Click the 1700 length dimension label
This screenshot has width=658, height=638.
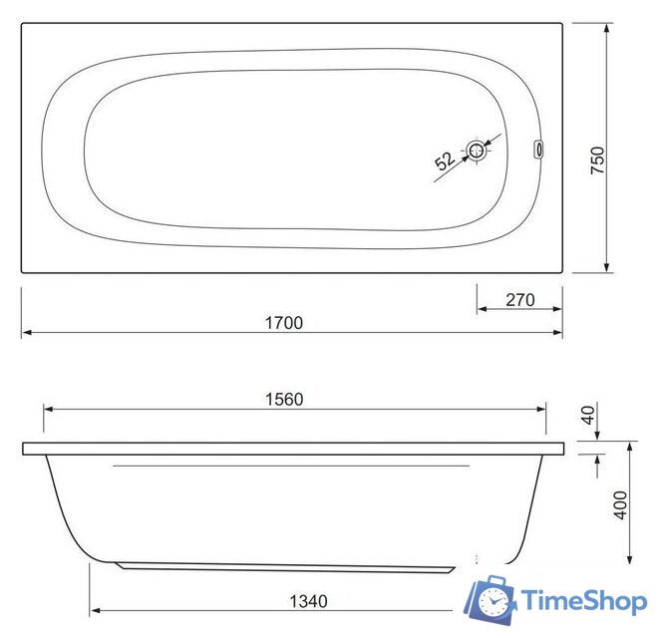click(x=284, y=322)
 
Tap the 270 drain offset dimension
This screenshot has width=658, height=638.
click(x=520, y=299)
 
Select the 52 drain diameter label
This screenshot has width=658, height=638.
click(x=445, y=159)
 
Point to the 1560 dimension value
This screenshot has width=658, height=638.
click(x=282, y=399)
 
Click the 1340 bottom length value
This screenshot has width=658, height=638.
click(x=307, y=601)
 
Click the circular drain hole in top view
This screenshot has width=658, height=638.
click(x=479, y=152)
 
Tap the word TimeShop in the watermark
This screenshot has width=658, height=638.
click(x=585, y=601)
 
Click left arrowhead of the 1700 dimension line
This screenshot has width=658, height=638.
click(x=26, y=333)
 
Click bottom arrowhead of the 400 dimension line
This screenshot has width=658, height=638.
click(x=630, y=559)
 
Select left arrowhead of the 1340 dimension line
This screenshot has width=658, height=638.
click(x=94, y=609)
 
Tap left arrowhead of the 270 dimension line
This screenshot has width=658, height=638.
click(x=480, y=309)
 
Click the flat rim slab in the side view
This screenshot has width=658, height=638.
click(x=292, y=450)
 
